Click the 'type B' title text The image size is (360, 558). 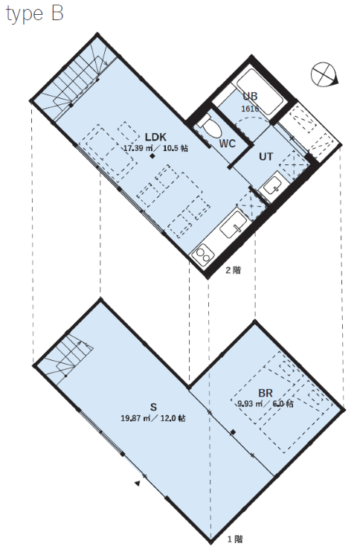[35, 14]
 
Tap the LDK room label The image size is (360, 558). [155, 137]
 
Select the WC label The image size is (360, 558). [227, 144]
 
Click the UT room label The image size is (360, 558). [266, 156]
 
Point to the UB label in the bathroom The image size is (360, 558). [250, 96]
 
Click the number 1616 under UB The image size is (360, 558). [250, 109]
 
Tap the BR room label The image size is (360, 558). [266, 393]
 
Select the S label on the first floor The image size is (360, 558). [153, 407]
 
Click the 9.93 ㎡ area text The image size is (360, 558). [250, 403]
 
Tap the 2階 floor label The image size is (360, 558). [234, 271]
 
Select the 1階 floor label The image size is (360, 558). [235, 539]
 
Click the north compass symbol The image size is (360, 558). [324, 74]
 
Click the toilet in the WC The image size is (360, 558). [210, 126]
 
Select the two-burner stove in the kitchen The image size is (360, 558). [203, 254]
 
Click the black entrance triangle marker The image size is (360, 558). [138, 483]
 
